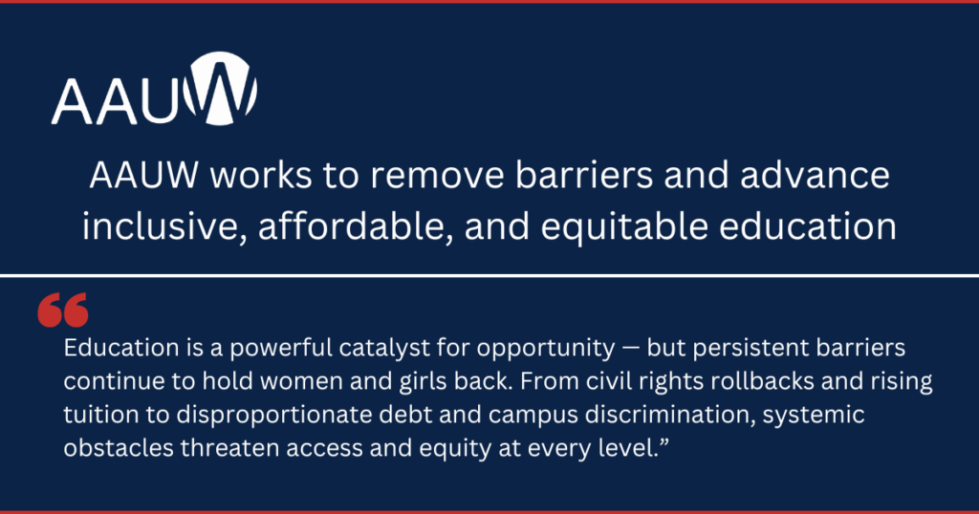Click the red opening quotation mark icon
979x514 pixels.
point(62,310)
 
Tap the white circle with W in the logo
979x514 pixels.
point(221,89)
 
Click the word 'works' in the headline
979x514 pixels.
point(260,175)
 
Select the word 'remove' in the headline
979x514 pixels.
point(436,177)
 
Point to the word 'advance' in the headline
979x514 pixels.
point(815,175)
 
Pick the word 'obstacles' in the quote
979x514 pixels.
point(119,448)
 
